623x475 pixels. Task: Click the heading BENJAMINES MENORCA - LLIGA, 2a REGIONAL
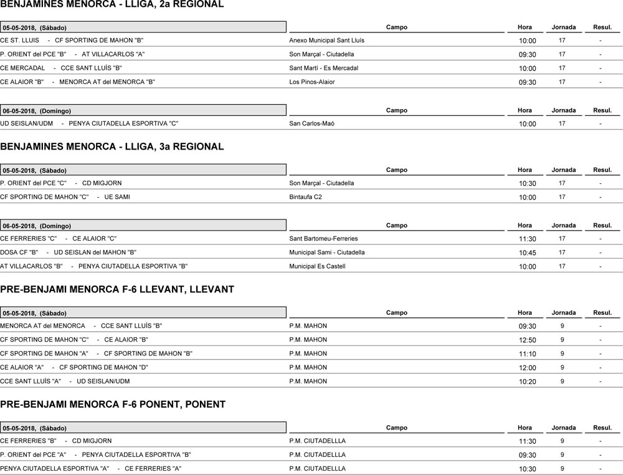click(x=112, y=5)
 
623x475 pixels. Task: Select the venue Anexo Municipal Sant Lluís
click(x=326, y=41)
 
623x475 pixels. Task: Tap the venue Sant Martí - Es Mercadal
click(x=323, y=68)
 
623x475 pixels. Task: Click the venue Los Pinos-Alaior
click(x=311, y=82)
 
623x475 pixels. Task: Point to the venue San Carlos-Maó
click(x=311, y=124)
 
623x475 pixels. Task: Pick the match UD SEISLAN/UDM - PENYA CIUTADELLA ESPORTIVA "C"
click(x=89, y=124)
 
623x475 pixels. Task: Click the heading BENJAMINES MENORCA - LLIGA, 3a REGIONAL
click(x=112, y=147)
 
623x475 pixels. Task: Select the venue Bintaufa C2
click(x=305, y=197)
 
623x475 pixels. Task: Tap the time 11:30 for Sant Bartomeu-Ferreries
click(x=527, y=239)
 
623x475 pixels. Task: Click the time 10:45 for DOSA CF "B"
click(x=527, y=253)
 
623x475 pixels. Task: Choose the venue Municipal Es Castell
click(x=317, y=267)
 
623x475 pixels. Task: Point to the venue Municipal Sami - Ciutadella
click(x=327, y=252)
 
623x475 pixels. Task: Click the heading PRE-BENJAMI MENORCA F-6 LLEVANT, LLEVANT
click(x=117, y=290)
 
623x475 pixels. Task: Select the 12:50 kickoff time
click(x=527, y=340)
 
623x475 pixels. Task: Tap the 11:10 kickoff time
click(x=527, y=354)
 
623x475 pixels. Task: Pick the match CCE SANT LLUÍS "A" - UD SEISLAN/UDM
click(x=65, y=381)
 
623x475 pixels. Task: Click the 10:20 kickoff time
click(x=527, y=382)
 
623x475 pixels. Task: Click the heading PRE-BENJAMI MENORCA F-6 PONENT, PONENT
click(x=113, y=405)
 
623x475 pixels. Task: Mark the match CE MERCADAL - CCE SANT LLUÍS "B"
click(x=61, y=69)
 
